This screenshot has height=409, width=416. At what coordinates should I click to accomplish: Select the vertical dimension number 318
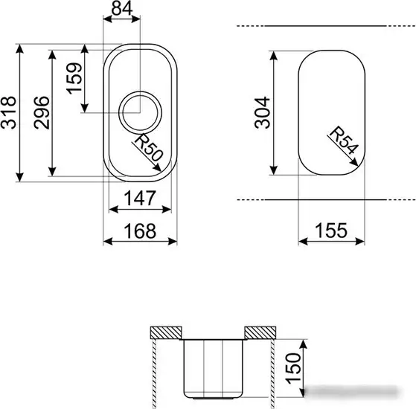(9, 113)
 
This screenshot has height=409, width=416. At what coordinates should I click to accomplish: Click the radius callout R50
(148, 147)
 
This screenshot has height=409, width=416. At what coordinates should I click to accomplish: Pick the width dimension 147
(139, 199)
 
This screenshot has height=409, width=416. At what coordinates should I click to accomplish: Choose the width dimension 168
(139, 231)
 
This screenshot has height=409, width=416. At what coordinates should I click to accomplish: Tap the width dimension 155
(330, 231)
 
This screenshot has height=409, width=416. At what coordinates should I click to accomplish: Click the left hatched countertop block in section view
(167, 332)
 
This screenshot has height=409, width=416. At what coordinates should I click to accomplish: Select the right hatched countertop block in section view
(260, 332)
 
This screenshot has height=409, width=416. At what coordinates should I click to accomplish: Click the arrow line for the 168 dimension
(139, 242)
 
